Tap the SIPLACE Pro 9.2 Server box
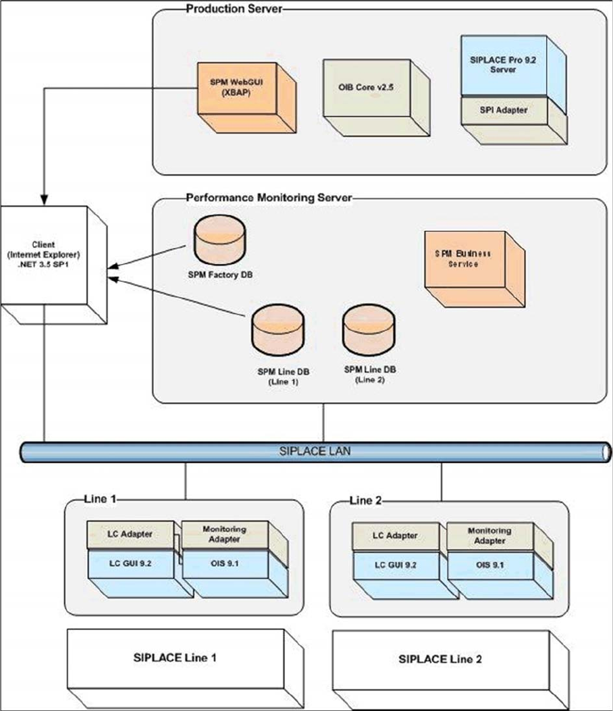(x=502, y=66)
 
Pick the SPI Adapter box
(x=502, y=109)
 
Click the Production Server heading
(x=234, y=9)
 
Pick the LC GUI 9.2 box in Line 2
(x=397, y=562)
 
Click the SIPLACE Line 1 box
(x=178, y=657)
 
